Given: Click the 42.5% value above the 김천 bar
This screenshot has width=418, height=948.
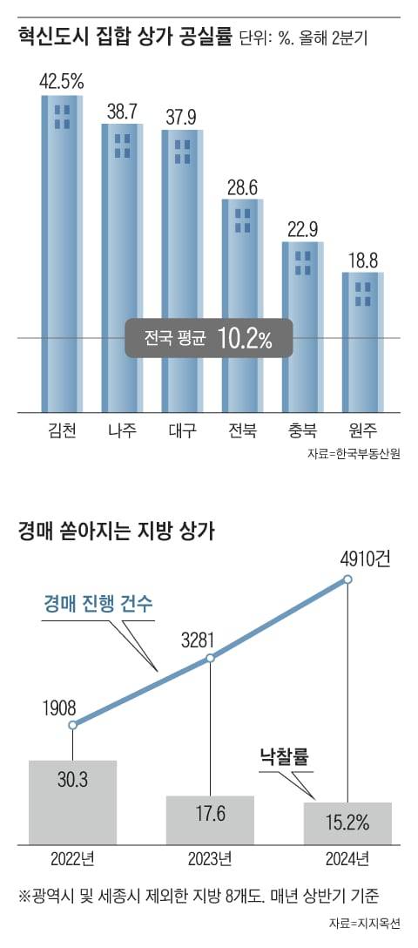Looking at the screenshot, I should pyautogui.click(x=62, y=81).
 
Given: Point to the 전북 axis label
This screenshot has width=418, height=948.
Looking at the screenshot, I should pyautogui.click(x=242, y=430).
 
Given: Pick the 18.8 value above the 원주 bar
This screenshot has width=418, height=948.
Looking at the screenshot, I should pyautogui.click(x=362, y=259).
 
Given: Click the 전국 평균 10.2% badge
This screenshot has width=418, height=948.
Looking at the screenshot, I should pyautogui.click(x=207, y=339).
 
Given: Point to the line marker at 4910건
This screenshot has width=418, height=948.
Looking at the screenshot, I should pyautogui.click(x=347, y=579).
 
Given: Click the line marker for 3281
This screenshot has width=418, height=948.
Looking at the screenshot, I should pyautogui.click(x=210, y=658).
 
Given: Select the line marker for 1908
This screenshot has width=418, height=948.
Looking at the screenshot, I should pyautogui.click(x=72, y=725).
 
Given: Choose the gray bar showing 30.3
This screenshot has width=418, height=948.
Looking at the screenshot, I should pyautogui.click(x=72, y=802).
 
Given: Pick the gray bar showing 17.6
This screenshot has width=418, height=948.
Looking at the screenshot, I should pyautogui.click(x=210, y=819).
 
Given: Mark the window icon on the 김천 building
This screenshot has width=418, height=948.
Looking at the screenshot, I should pyautogui.click(x=62, y=116).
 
